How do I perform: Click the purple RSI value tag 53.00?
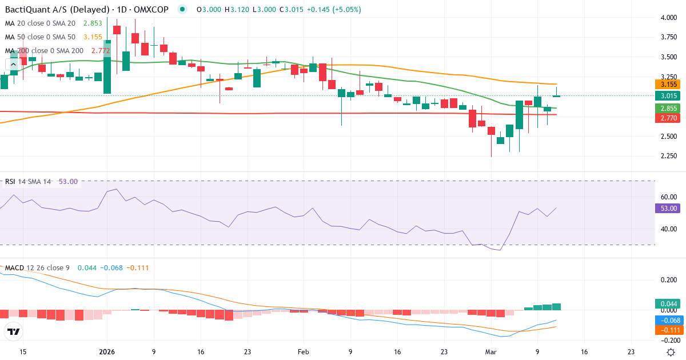point(667,208)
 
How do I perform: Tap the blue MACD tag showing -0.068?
point(667,320)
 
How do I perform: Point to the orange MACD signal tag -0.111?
point(667,330)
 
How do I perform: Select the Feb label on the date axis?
point(304,352)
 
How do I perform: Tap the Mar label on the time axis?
point(490,352)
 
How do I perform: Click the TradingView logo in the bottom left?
point(13,331)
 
